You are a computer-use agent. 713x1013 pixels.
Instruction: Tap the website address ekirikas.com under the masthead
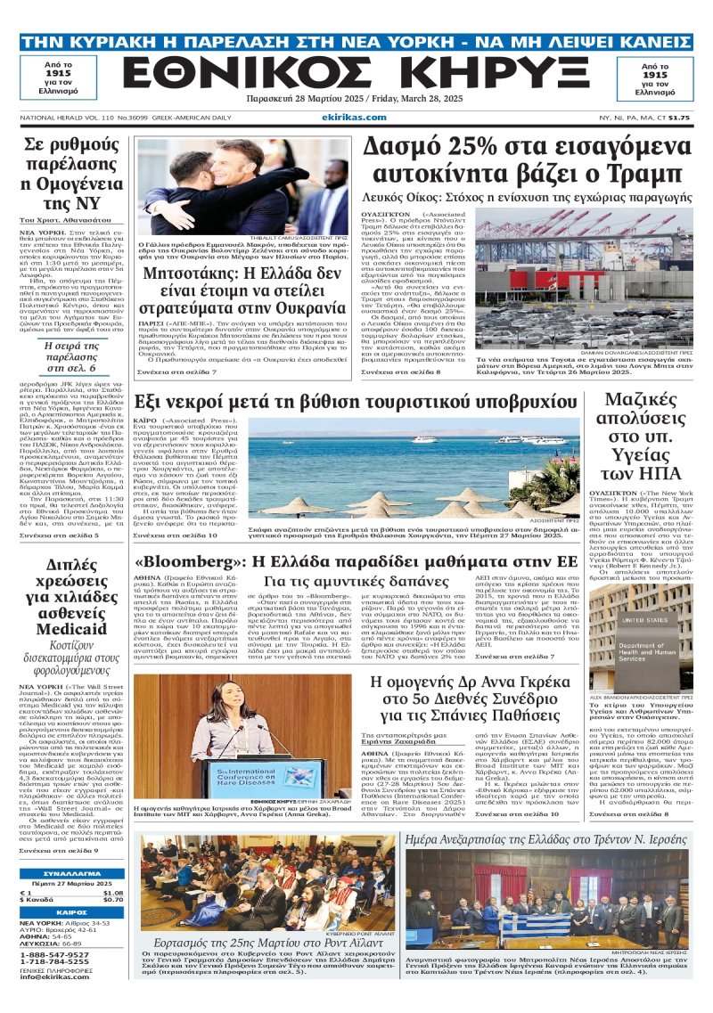click(356, 118)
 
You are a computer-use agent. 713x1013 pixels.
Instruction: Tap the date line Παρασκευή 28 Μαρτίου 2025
click(356, 101)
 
